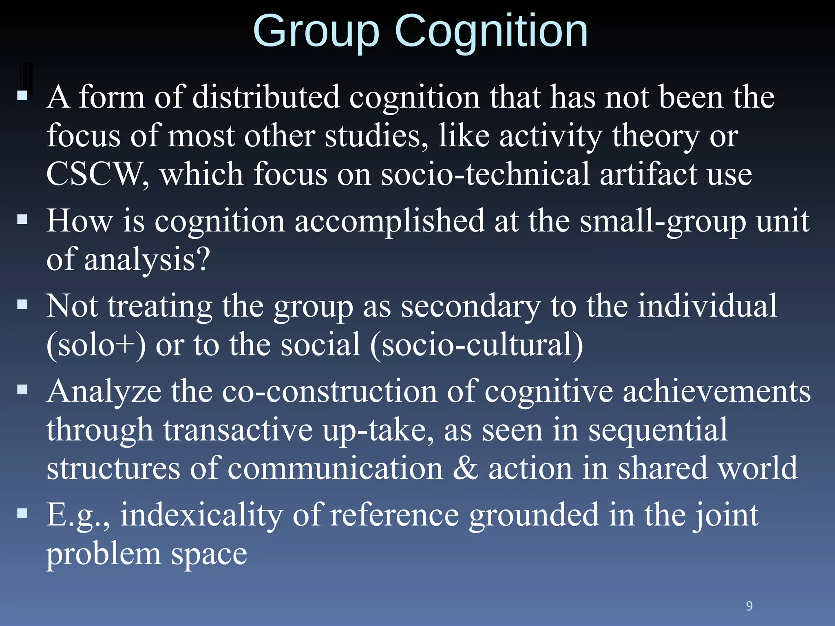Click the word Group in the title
[x=316, y=33]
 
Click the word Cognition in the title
[x=491, y=33]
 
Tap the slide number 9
[x=749, y=606]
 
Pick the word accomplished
[x=389, y=222]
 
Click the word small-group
[x=663, y=222]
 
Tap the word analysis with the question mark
[x=147, y=260]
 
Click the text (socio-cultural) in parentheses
[x=477, y=345]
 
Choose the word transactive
[x=238, y=430]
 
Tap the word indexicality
[x=201, y=515]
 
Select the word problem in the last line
[x=104, y=554]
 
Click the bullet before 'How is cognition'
[x=22, y=220]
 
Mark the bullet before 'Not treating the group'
[x=22, y=304]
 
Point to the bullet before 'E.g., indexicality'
[x=22, y=512]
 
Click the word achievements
[x=716, y=391]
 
